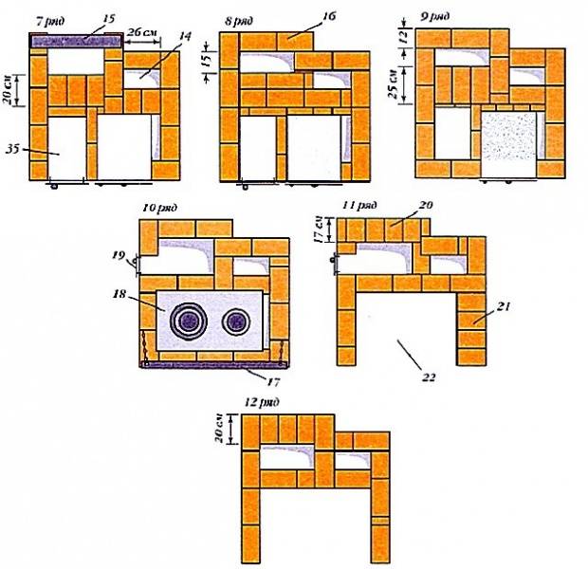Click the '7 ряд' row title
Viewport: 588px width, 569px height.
pyautogui.click(x=50, y=21)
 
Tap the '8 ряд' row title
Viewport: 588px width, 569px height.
pyautogui.click(x=238, y=21)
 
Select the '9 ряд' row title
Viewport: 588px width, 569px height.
pyautogui.click(x=434, y=17)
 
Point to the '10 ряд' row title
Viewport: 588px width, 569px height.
pyautogui.click(x=159, y=208)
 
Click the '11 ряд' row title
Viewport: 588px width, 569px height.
pyautogui.click(x=360, y=205)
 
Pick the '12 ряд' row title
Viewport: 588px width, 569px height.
pyautogui.click(x=262, y=402)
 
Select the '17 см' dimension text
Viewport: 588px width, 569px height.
pyautogui.click(x=319, y=229)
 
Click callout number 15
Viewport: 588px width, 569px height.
pyautogui.click(x=108, y=19)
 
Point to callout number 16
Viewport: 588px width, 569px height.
pyautogui.click(x=328, y=16)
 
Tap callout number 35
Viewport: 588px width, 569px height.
pyautogui.click(x=12, y=149)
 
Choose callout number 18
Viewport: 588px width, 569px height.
pyautogui.click(x=119, y=294)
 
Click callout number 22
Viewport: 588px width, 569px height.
pyautogui.click(x=429, y=376)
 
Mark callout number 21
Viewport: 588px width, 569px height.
pyautogui.click(x=504, y=307)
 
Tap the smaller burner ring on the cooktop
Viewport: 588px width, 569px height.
pyautogui.click(x=236, y=321)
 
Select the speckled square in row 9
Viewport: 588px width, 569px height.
pyautogui.click(x=508, y=145)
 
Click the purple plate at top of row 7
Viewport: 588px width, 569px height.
pyautogui.click(x=77, y=41)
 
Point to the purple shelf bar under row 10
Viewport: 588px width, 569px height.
pyautogui.click(x=214, y=365)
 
